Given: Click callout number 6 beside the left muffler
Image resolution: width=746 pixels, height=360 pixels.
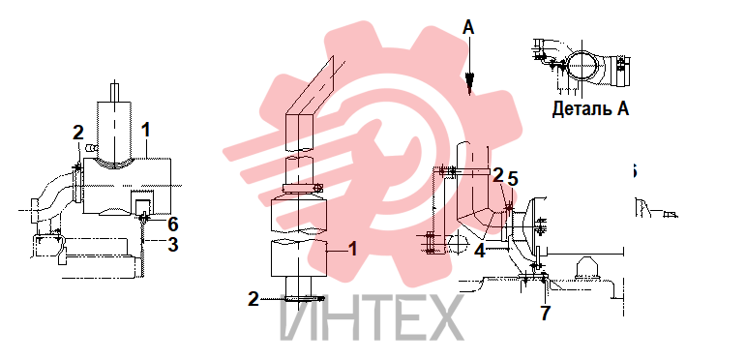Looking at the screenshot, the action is pos(172,223).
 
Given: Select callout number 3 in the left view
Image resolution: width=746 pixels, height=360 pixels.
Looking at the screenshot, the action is pos(172,245).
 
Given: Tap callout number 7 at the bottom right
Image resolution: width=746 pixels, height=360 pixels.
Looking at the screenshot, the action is pos(545,313).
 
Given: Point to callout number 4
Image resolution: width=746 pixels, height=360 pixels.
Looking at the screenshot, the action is pos(480,251).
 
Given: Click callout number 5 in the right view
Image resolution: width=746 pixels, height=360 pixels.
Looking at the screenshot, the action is pos(513,179).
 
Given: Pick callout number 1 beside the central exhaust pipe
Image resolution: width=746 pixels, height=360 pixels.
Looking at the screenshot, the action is pos(352,249).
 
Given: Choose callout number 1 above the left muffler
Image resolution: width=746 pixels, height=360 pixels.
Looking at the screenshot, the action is pos(146,130).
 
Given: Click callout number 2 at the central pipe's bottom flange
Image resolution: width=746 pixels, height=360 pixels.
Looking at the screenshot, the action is pos(254,299).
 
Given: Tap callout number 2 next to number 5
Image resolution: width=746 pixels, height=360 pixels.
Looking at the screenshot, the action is pos(497,175).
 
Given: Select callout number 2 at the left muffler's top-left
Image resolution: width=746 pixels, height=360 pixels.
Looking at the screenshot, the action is pos(78,133).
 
